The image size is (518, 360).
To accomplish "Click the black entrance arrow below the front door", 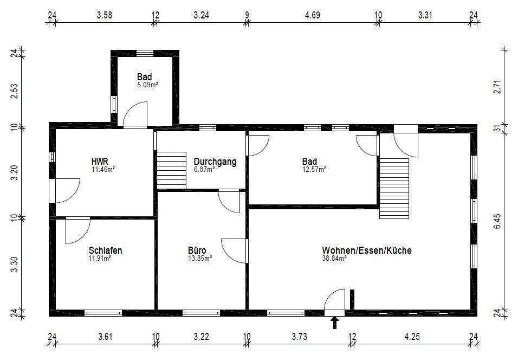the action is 335,323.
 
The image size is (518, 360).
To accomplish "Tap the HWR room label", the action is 100,162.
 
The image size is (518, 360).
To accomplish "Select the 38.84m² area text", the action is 334,259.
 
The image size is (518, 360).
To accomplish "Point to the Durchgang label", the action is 215,162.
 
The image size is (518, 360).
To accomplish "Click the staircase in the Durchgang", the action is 171,170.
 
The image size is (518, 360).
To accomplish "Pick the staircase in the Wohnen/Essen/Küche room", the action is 394,189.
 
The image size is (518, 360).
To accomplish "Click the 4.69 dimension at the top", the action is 312,15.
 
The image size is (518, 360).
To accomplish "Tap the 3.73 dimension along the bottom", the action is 299,337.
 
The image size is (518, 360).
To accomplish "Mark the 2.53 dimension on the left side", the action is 15,91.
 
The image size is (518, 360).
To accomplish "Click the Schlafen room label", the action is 105,250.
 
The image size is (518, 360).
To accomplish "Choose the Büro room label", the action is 197,250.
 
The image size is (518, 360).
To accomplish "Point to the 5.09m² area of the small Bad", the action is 147,85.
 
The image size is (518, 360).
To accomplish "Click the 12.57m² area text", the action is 314,169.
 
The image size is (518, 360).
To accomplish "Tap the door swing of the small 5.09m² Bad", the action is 135,114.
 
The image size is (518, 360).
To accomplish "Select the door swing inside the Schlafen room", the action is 78,230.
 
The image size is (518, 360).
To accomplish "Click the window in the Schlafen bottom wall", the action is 103,313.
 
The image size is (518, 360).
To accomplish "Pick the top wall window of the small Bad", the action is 145,53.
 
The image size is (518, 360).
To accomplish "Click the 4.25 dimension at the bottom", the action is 412,337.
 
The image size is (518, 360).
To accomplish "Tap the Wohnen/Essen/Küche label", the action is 367,250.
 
